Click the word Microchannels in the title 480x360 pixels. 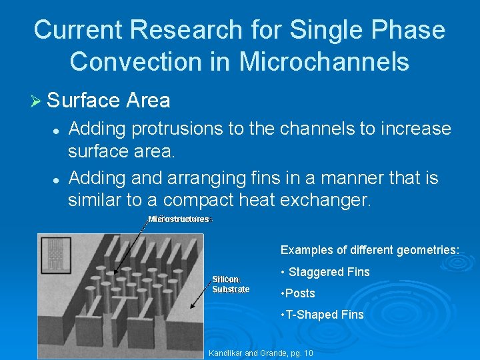pyautogui.click(x=324, y=61)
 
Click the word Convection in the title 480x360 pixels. pyautogui.click(x=151, y=61)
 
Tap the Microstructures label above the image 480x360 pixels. pyautogui.click(x=179, y=219)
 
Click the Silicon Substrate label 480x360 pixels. pyautogui.click(x=230, y=284)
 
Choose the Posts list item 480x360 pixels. pyautogui.click(x=298, y=293)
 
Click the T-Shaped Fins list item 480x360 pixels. pyautogui.click(x=323, y=315)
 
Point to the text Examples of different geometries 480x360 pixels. pyautogui.click(x=369, y=250)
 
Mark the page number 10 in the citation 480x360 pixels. pyautogui.click(x=307, y=353)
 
